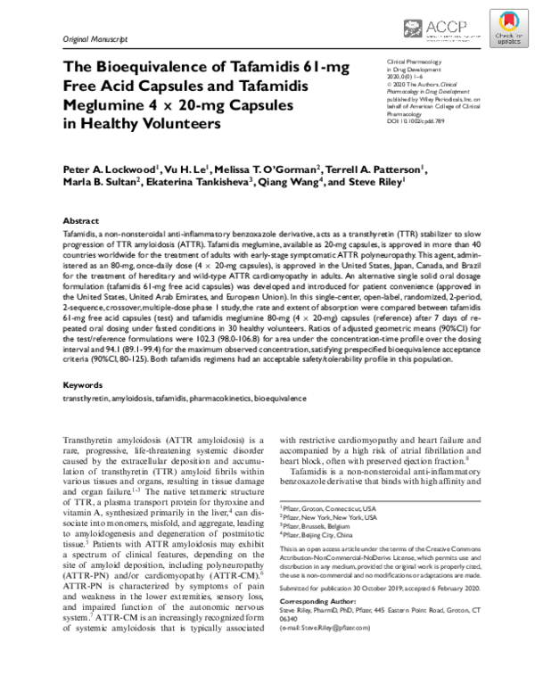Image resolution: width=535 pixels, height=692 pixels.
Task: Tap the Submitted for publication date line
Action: pyautogui.click(x=380, y=589)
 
